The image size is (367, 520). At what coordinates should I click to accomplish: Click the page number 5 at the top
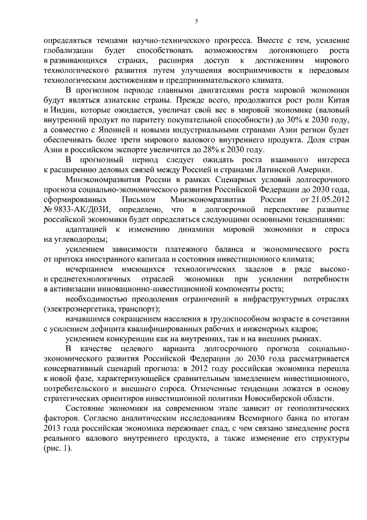[196, 21]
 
